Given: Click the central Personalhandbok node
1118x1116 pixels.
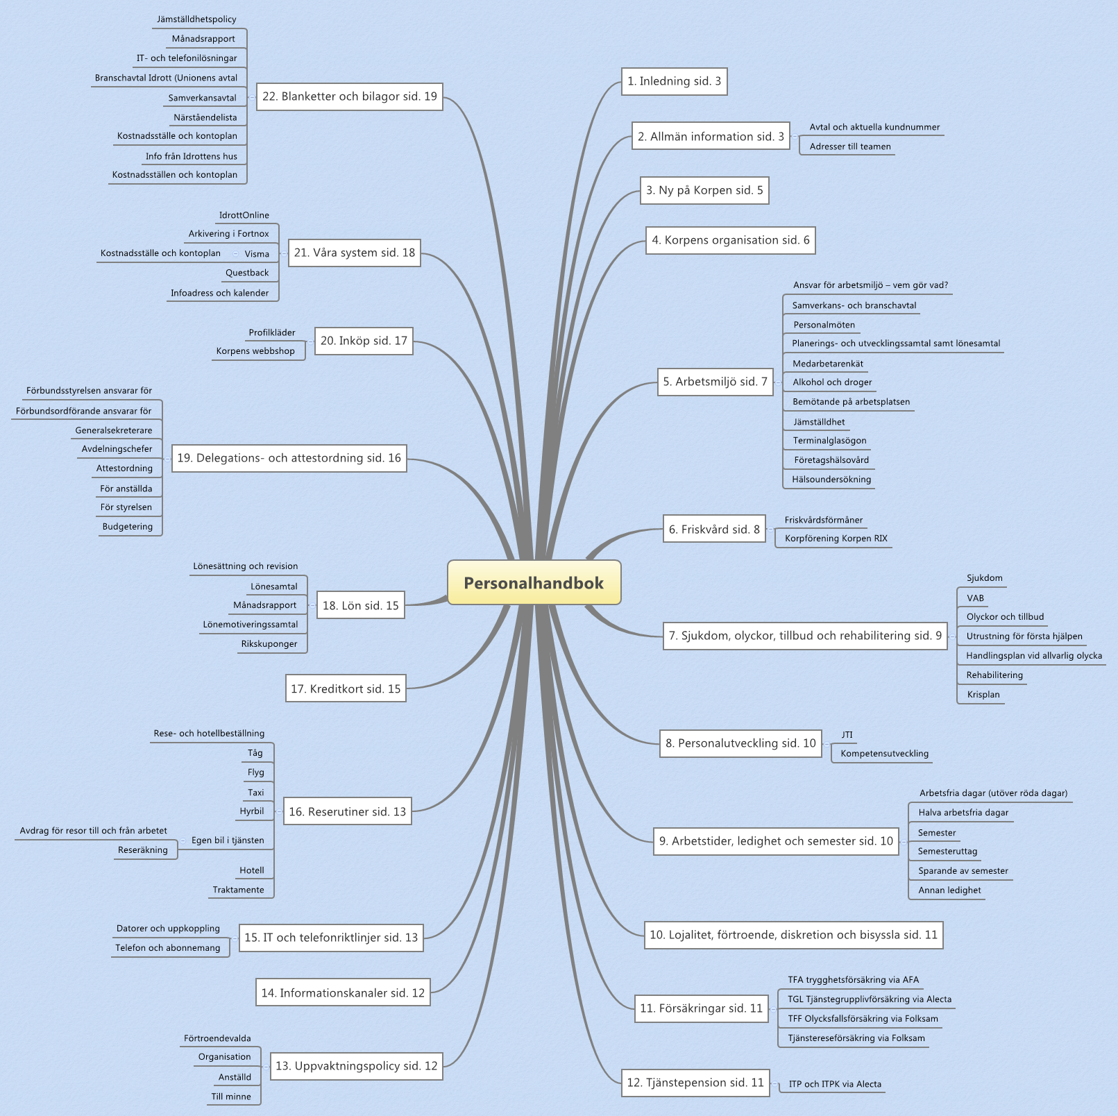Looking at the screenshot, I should pyautogui.click(x=534, y=583).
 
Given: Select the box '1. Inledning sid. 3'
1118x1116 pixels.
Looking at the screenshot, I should pyautogui.click(x=674, y=81).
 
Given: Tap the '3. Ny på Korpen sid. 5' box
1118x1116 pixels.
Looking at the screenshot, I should pyautogui.click(x=704, y=190).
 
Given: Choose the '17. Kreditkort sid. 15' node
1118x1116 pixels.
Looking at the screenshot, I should pyautogui.click(x=346, y=688).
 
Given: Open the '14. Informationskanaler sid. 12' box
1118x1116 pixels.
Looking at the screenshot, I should pyautogui.click(x=343, y=992).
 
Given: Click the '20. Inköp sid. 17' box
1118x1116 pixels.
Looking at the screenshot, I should pyautogui.click(x=364, y=341).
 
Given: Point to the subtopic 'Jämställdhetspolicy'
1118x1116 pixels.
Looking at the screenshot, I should pyautogui.click(x=196, y=19).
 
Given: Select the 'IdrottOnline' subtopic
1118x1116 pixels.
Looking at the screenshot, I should pyautogui.click(x=244, y=215).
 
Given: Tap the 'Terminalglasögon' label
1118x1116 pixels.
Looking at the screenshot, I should pyautogui.click(x=829, y=441).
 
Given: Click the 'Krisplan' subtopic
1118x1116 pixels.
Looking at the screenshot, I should pyautogui.click(x=983, y=695).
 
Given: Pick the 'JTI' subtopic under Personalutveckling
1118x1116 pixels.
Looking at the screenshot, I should pyautogui.click(x=847, y=735).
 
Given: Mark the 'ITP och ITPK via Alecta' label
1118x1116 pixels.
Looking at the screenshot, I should pyautogui.click(x=835, y=1084).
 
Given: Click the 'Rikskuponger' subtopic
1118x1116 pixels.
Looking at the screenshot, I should pyautogui.click(x=269, y=644).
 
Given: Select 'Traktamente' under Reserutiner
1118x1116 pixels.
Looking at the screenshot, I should pyautogui.click(x=239, y=890).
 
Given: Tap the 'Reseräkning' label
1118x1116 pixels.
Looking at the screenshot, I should pyautogui.click(x=143, y=850).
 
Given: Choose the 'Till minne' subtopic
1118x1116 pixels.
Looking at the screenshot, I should pyautogui.click(x=231, y=1097).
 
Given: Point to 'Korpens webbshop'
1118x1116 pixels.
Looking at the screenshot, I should pyautogui.click(x=255, y=351).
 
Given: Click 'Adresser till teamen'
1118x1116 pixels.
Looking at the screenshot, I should pyautogui.click(x=850, y=146).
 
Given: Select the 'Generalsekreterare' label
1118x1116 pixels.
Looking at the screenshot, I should pyautogui.click(x=114, y=430).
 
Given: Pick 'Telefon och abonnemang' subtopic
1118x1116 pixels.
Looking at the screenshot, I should pyautogui.click(x=168, y=948).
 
